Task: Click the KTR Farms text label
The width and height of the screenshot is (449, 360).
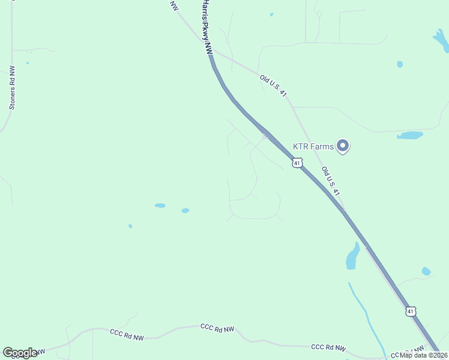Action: click(313, 146)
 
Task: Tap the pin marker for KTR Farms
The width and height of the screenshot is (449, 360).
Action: click(343, 146)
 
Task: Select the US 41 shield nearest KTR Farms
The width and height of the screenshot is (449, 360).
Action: click(297, 163)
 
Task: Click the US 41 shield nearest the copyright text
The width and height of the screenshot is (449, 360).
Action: click(410, 311)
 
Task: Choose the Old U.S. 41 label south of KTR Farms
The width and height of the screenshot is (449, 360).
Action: click(331, 181)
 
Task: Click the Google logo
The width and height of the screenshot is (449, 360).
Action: click(20, 353)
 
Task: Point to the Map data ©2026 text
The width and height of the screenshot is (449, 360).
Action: click(424, 355)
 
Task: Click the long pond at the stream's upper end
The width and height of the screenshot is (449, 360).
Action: click(353, 257)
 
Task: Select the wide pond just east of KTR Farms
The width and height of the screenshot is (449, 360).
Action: click(409, 135)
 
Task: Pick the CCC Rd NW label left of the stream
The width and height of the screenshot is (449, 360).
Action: click(328, 347)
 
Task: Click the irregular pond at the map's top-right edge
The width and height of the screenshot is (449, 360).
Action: click(441, 40)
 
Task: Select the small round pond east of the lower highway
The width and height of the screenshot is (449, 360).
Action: click(426, 271)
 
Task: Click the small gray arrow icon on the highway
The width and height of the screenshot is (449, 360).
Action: click(264, 136)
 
